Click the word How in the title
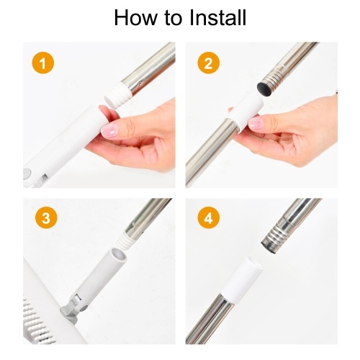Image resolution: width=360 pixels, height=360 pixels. tap(135, 17)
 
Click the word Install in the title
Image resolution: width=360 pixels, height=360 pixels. tap(217, 17)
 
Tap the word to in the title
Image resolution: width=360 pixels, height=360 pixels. tap(173, 18)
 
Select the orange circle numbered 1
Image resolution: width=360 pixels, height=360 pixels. tap(42, 63)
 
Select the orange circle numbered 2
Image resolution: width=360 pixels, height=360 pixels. tap(208, 63)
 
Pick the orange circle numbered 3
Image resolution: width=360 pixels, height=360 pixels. tap(46, 218)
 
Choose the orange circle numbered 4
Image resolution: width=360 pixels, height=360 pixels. tap(208, 217)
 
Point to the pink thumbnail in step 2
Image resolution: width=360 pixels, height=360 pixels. tap(255, 123)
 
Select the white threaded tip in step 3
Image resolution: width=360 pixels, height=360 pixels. tap(126, 241)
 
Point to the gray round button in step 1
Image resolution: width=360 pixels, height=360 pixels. tap(27, 173)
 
